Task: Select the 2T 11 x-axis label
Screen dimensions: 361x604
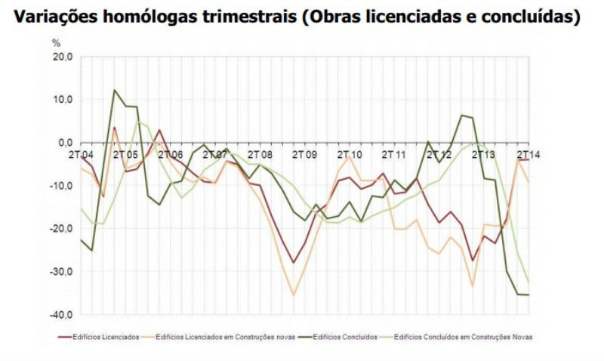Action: pos(393,154)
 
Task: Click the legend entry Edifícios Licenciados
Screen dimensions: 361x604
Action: pos(105,337)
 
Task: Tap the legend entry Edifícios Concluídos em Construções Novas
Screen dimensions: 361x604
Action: pos(468,337)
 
